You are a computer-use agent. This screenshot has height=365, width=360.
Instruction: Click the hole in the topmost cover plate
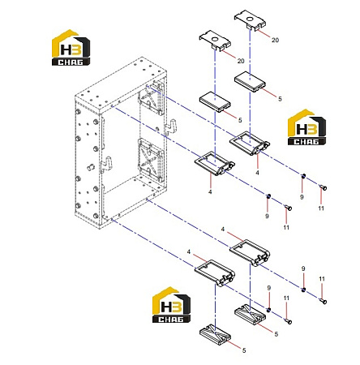point(250,19)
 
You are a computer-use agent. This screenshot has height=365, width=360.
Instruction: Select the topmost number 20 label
point(275,40)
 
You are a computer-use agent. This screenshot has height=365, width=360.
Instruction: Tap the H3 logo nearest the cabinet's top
point(71,48)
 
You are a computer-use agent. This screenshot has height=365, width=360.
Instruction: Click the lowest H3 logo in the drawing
point(171,305)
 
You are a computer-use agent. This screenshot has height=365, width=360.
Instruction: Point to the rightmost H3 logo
point(306,127)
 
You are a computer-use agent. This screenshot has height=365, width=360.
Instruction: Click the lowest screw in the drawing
point(289,321)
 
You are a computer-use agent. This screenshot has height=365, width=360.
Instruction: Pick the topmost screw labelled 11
point(323,187)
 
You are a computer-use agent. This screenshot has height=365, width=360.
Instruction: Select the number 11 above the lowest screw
point(286,298)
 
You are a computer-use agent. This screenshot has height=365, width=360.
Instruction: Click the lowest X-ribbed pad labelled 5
point(215,335)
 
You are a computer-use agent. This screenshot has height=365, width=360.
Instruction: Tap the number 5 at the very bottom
point(244,350)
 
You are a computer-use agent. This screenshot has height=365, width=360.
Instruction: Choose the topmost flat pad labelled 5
point(250,81)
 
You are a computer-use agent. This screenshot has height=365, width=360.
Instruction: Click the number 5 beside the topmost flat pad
point(280,99)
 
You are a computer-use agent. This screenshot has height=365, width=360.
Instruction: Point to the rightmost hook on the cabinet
point(170,127)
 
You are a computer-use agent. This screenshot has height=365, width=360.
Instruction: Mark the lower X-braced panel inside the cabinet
point(151,160)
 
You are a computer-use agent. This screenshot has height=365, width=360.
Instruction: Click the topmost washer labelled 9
point(303,176)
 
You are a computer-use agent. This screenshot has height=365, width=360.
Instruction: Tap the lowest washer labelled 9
point(268,310)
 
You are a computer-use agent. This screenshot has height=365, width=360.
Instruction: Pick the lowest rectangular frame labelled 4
point(215,273)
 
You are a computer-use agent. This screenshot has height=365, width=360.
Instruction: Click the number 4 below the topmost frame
point(257,172)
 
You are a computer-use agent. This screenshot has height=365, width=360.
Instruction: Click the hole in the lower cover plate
point(215,40)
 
